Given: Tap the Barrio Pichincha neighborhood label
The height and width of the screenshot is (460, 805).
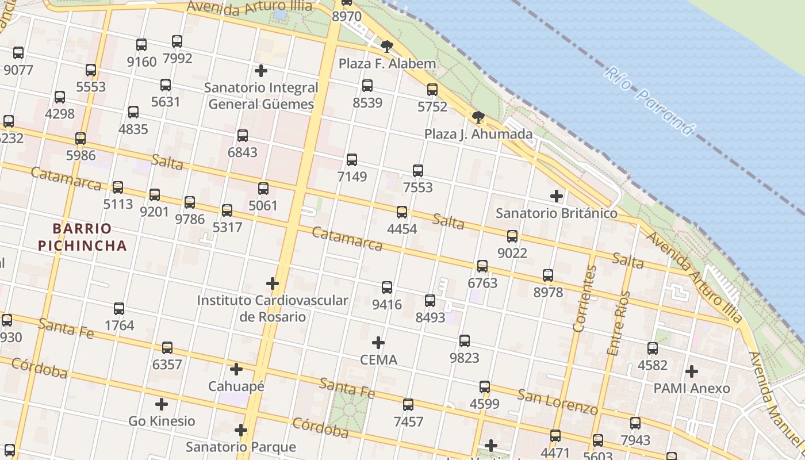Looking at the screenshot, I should coord(82,237).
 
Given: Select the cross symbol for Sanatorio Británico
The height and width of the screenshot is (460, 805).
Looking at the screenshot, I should coord(557,196).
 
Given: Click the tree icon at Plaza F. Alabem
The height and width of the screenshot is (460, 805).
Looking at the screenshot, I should coord(387,46).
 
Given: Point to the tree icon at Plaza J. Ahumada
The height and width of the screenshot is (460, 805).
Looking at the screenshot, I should coord(478,117).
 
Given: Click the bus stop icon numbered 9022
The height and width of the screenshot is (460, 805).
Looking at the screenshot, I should coord(512,236).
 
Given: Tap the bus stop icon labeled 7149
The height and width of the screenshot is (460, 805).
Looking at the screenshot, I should coord(352,160).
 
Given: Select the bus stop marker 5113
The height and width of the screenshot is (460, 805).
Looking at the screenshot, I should coord(118,187).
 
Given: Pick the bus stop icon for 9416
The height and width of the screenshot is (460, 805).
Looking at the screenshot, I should coord(387,287).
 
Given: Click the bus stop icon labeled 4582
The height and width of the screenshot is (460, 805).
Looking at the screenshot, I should coord(653,348).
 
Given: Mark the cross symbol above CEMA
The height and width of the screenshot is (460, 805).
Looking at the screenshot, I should coord(378,343).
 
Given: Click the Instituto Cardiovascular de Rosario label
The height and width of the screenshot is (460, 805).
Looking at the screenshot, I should coord(273,308).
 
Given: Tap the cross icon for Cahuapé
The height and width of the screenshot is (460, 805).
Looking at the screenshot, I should coord(236,369).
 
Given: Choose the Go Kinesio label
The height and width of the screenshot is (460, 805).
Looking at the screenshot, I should coord(162,421).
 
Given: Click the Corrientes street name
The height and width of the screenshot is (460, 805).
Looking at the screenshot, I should coord(585,299).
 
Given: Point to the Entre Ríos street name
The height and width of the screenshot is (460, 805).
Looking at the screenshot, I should coord(619,323).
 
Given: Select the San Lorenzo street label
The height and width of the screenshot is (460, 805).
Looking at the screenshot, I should coord(557,402).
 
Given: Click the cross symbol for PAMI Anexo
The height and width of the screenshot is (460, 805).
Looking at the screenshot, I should coord(692,371).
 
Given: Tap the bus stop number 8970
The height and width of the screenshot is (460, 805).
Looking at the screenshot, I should coord(347,16).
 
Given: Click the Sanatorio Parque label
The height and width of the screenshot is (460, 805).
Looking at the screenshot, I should coord(240,447).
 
